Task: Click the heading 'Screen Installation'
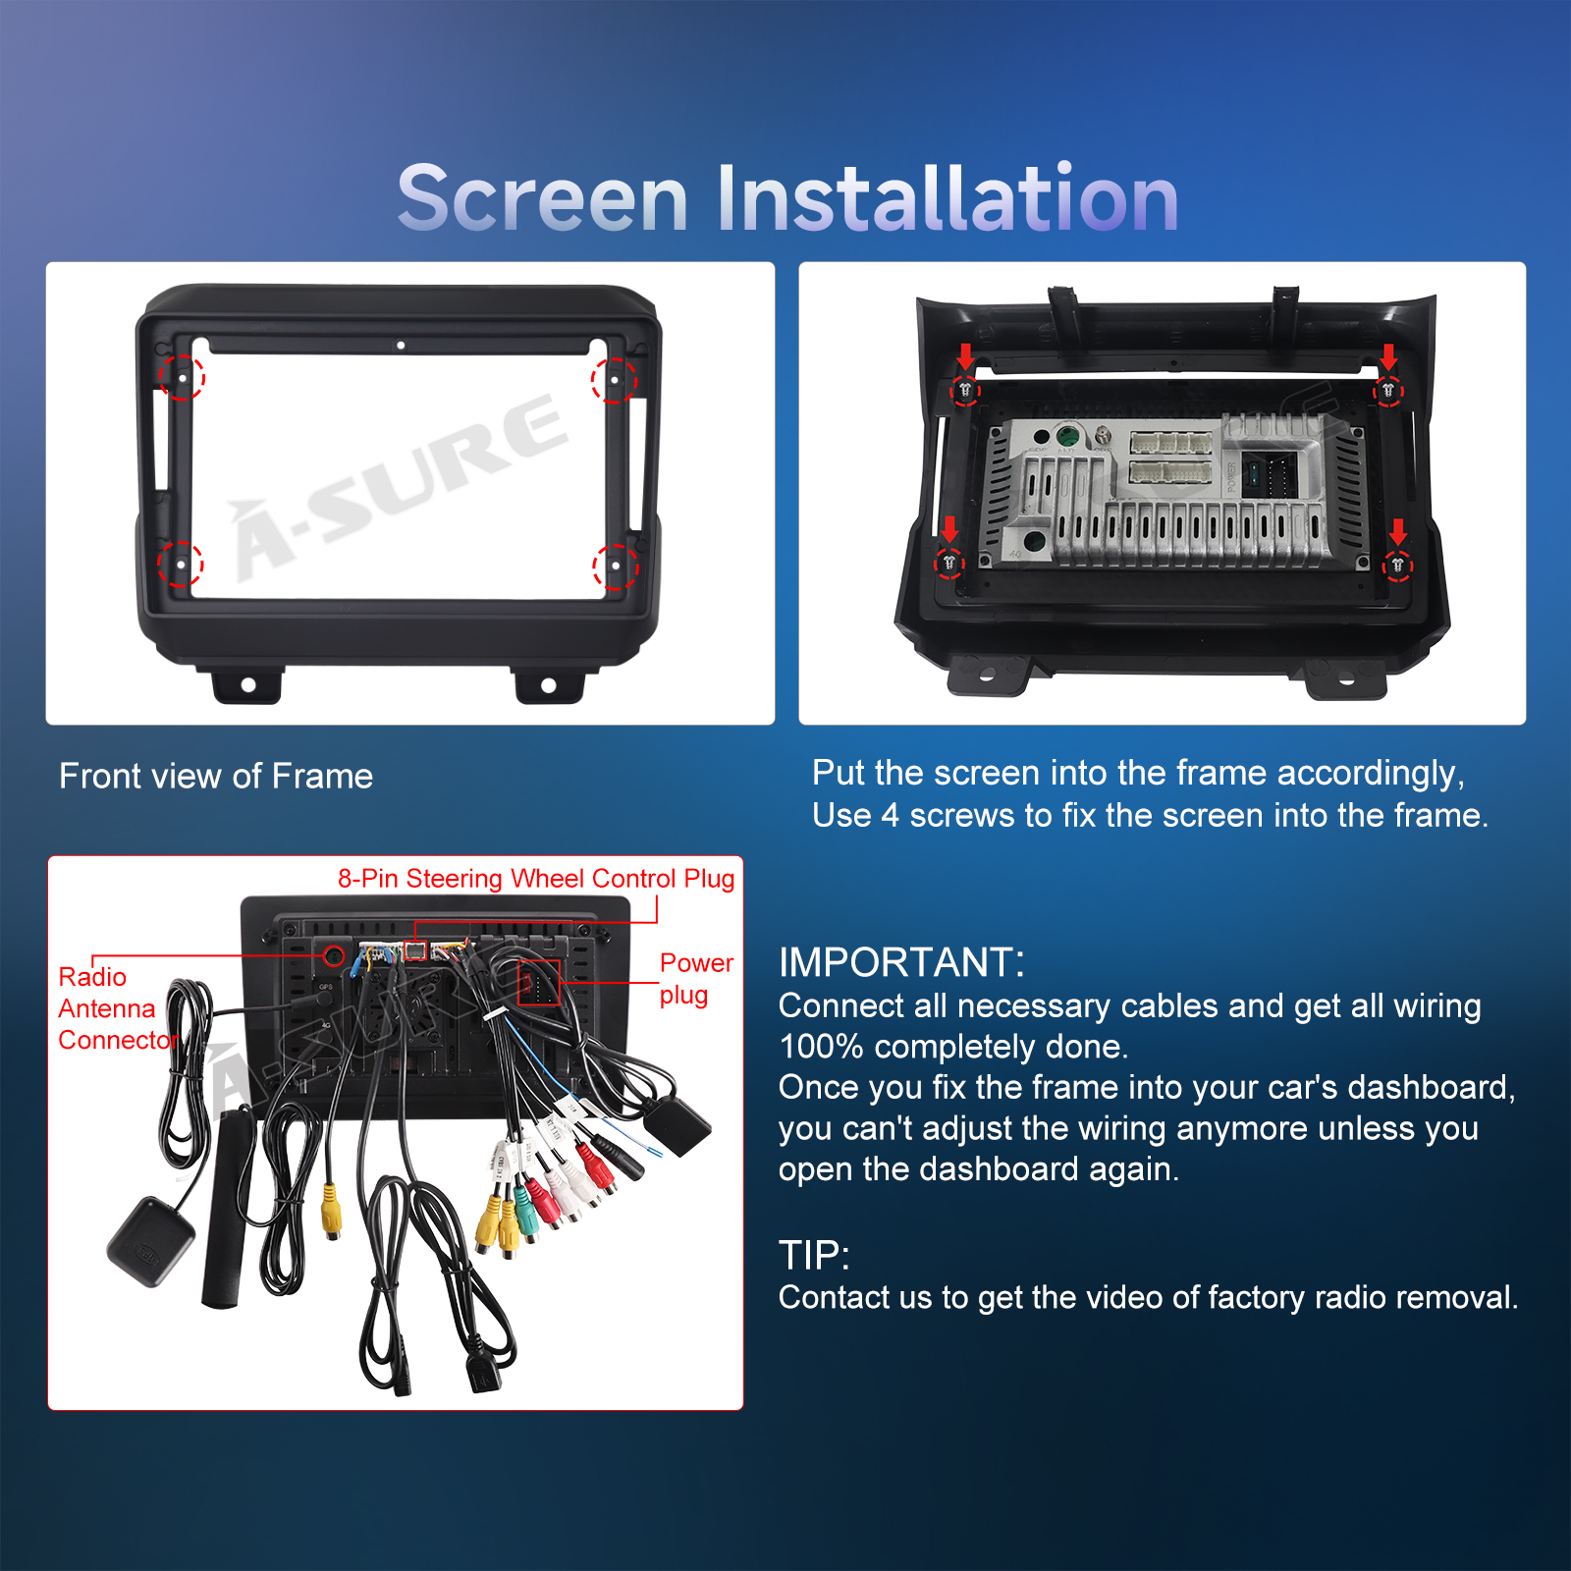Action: (787, 198)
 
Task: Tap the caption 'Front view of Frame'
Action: (216, 777)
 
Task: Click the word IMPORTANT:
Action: (901, 962)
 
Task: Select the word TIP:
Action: (814, 1255)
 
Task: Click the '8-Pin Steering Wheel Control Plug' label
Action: (536, 879)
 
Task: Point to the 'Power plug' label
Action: (696, 979)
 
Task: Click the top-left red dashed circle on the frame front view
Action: (182, 376)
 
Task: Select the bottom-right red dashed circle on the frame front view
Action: (616, 567)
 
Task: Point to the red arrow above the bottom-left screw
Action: (949, 530)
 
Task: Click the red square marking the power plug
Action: (538, 983)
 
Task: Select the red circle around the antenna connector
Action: (334, 954)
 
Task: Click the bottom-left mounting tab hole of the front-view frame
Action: (248, 684)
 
